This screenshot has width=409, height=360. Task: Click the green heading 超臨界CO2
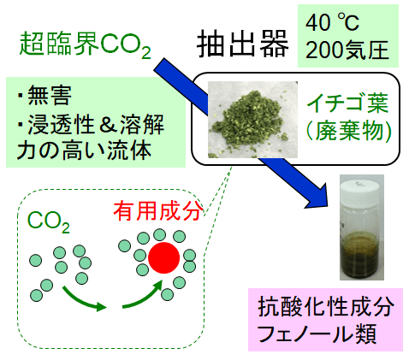pos(85,44)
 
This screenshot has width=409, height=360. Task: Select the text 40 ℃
pos(332,23)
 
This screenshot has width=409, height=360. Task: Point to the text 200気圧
pos(347,50)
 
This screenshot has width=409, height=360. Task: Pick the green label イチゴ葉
pos(347,103)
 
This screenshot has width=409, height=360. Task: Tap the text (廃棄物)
pos(348,132)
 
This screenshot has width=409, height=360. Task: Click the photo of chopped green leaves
pos(252,120)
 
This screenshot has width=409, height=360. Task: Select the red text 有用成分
pos(158,211)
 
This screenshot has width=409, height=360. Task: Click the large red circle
pos(163,258)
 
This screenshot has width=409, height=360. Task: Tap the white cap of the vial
pos(361,189)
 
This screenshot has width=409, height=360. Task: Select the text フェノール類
pos(317,333)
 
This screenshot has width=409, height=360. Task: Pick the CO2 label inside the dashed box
pos(49,222)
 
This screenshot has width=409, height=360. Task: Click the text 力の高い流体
pos(84,150)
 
